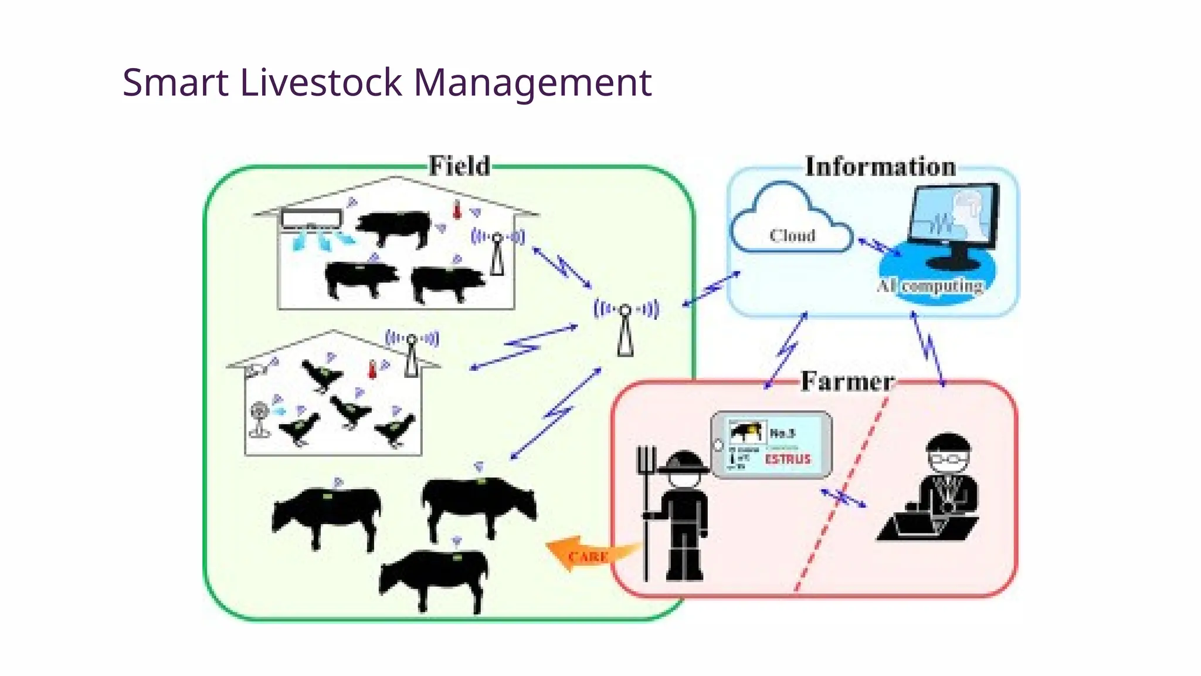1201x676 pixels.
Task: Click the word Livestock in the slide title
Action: pyautogui.click(x=321, y=82)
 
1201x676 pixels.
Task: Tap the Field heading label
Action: pyautogui.click(x=459, y=166)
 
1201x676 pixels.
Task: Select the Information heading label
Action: pyautogui.click(x=880, y=167)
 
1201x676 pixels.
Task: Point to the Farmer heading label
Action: pyautogui.click(x=847, y=381)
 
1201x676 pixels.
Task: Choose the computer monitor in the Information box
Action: pyautogui.click(x=953, y=220)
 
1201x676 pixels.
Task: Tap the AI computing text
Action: pyautogui.click(x=930, y=286)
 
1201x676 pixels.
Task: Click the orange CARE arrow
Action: pyautogui.click(x=589, y=554)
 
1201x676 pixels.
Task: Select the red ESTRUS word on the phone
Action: pyautogui.click(x=788, y=459)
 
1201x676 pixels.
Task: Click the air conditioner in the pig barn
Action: pyautogui.click(x=311, y=219)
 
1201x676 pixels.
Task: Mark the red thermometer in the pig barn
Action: pyautogui.click(x=457, y=210)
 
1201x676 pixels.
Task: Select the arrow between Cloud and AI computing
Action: pyautogui.click(x=880, y=246)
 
